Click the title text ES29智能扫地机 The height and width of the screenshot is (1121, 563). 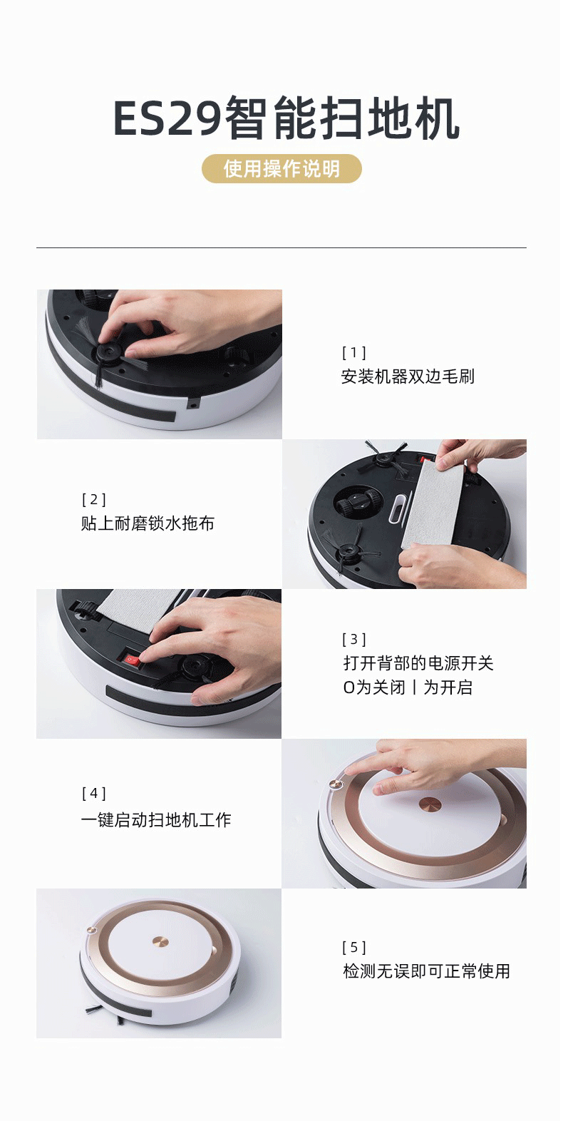286,118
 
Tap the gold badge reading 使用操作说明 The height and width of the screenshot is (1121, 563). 281,169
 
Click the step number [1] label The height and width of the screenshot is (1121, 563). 354,353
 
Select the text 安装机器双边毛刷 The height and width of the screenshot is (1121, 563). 408,377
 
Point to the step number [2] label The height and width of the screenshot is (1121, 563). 93,499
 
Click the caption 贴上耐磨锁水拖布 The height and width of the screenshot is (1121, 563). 148,523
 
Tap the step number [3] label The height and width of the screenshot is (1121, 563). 354,639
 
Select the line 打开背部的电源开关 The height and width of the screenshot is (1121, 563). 418,663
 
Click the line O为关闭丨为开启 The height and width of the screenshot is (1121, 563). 408,687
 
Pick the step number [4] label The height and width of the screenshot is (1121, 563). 93,793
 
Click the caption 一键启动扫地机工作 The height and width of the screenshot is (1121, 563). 156,820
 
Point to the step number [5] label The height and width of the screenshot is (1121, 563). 354,947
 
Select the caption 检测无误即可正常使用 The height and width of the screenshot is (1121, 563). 426,971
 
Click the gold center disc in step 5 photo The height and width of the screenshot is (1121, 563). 160,942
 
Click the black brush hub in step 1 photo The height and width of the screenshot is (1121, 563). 108,351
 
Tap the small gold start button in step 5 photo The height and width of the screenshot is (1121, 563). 91,930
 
